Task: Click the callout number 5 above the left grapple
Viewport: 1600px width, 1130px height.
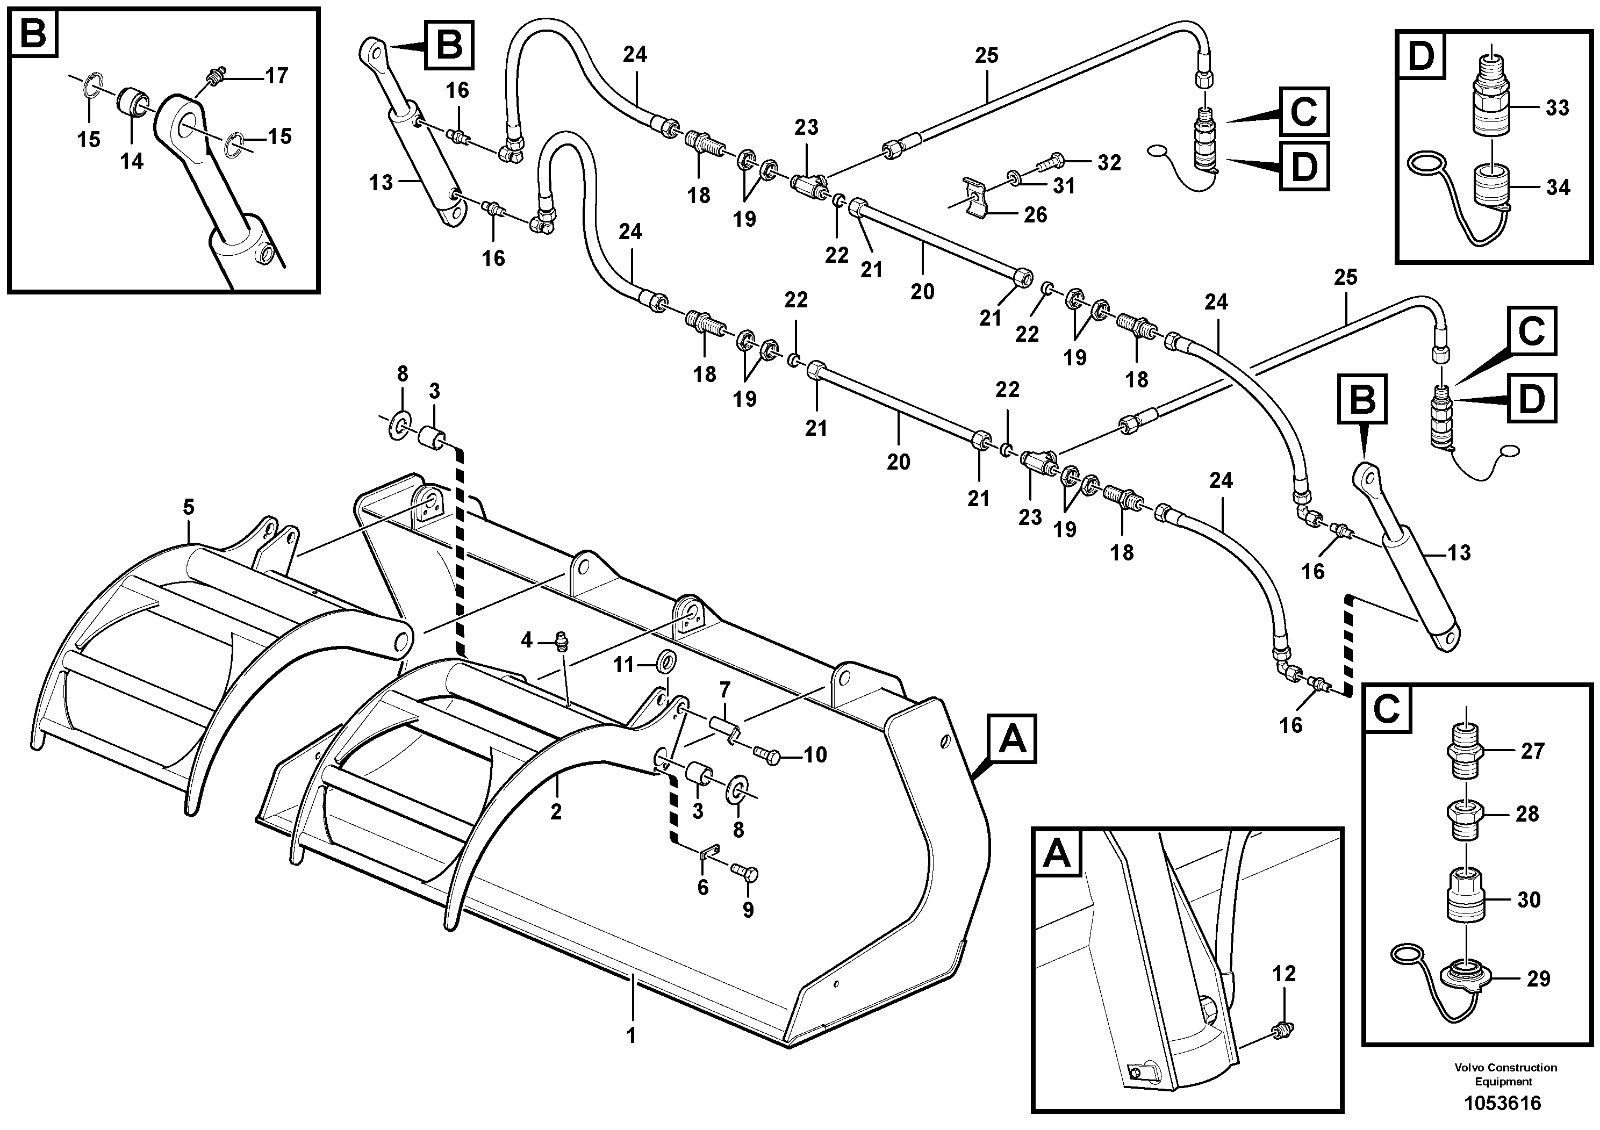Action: click(189, 507)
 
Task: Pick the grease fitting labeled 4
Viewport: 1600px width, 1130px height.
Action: click(560, 640)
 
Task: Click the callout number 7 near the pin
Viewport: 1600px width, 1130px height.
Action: click(724, 690)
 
